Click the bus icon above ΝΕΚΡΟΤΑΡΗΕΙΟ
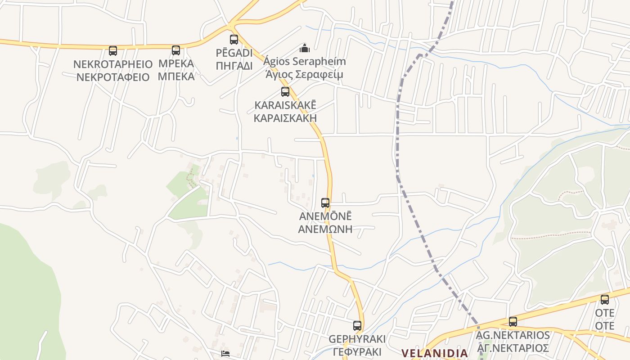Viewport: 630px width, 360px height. (113, 51)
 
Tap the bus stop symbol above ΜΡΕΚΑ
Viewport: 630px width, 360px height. (176, 50)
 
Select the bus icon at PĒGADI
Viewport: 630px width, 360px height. (234, 40)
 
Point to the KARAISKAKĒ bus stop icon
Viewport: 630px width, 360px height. (285, 92)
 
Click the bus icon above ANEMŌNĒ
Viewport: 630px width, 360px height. (325, 203)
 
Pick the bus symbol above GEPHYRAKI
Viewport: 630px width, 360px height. (357, 326)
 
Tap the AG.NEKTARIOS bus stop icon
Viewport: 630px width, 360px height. (513, 322)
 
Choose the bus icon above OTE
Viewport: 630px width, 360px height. (605, 300)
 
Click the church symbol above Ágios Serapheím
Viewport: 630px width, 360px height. (305, 48)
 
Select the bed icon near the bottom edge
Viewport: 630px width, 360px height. (225, 353)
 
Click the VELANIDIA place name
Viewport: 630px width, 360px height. (435, 353)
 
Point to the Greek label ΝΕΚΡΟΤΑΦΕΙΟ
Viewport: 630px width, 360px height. (112, 77)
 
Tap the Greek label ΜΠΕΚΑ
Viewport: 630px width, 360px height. (176, 76)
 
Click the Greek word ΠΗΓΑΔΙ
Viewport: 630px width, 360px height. (234, 66)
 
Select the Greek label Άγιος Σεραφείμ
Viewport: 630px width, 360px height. (304, 74)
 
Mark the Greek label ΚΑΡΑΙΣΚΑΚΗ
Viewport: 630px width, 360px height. (285, 118)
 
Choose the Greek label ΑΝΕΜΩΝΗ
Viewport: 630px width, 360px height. (325, 229)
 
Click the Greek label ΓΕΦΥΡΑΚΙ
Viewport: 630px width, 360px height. (357, 352)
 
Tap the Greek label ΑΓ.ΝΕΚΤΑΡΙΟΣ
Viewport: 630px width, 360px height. (513, 348)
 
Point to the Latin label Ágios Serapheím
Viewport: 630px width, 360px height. (305, 61)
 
